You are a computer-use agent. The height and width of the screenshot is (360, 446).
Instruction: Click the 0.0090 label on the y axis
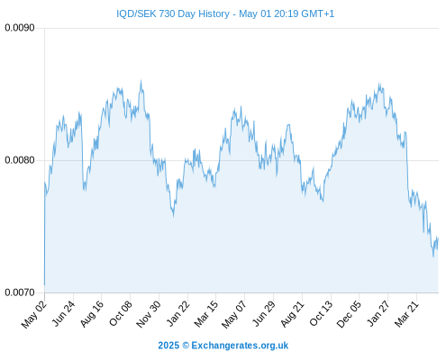click(x=20, y=28)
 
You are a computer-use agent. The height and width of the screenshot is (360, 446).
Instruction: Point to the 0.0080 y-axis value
click(x=20, y=160)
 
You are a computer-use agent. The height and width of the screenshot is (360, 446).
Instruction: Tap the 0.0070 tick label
click(x=20, y=292)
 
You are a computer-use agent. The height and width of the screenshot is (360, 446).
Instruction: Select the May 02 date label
click(x=34, y=314)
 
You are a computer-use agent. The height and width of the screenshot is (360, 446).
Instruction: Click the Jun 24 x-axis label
click(x=63, y=314)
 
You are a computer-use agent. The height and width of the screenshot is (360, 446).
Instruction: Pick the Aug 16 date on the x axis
click(x=91, y=314)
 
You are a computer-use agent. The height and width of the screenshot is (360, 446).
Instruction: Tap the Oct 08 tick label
click(x=120, y=314)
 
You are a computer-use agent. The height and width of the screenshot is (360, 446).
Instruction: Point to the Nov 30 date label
click(x=148, y=314)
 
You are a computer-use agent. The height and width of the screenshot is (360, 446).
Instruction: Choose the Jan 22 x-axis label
click(x=177, y=314)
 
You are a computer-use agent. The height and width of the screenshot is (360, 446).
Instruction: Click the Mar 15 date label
click(x=205, y=314)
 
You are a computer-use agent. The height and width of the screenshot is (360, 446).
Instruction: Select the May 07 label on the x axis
click(x=233, y=314)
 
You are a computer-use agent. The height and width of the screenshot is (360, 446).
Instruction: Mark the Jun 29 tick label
click(x=263, y=314)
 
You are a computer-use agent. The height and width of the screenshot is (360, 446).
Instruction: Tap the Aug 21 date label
click(x=292, y=314)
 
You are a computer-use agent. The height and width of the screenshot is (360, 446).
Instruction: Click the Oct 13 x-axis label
click(x=321, y=314)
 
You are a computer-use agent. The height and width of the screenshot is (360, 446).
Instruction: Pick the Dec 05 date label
click(x=349, y=314)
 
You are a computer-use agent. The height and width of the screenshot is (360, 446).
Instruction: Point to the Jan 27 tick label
click(x=378, y=314)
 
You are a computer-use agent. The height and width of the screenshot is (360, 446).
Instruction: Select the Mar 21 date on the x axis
click(x=406, y=314)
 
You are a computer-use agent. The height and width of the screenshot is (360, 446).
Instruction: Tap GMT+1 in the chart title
click(x=318, y=13)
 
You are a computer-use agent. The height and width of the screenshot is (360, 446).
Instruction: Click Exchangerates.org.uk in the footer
click(x=240, y=346)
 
